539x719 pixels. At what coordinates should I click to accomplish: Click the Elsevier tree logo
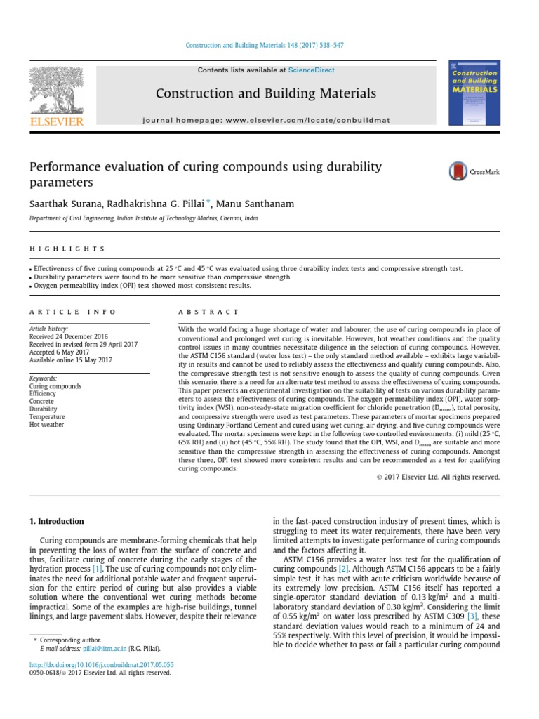coord(55,91)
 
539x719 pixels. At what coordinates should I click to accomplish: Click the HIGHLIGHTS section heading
coord(67,249)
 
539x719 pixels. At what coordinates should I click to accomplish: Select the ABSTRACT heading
coord(209,311)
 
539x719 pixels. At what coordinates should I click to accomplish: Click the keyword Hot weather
coord(45,424)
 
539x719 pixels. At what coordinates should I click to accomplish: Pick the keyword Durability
coord(43,409)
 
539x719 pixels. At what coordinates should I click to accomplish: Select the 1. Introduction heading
coord(56,522)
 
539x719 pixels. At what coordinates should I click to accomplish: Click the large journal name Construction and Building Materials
coord(265,93)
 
